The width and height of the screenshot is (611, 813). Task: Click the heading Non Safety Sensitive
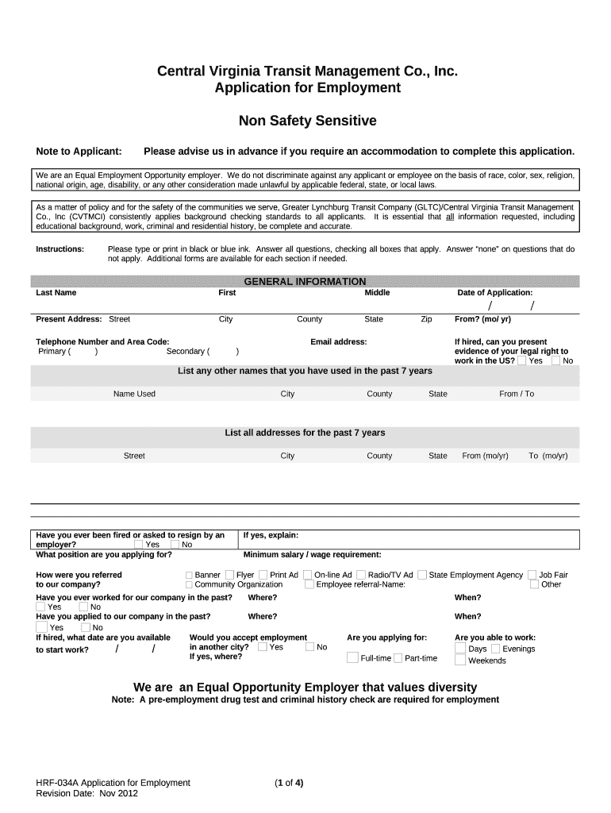tap(308, 121)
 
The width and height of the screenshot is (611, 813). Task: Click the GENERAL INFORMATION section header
tap(305, 282)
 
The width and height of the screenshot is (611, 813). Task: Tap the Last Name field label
tap(56, 293)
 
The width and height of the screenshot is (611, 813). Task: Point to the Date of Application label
tap(495, 293)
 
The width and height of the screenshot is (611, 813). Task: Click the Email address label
tap(339, 341)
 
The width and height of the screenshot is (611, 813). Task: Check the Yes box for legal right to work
tap(522, 360)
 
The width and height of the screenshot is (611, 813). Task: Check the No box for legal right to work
tap(556, 360)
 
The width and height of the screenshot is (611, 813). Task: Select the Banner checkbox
tap(189, 575)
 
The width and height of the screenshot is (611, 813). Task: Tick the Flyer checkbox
tap(229, 575)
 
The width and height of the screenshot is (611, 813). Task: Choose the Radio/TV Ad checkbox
tap(361, 575)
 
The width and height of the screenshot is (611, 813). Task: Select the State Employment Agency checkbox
tap(422, 575)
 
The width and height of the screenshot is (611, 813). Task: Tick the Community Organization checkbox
tap(189, 584)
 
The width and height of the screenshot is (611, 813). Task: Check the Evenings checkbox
tap(495, 649)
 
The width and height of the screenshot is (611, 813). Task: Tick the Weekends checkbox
tap(460, 660)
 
